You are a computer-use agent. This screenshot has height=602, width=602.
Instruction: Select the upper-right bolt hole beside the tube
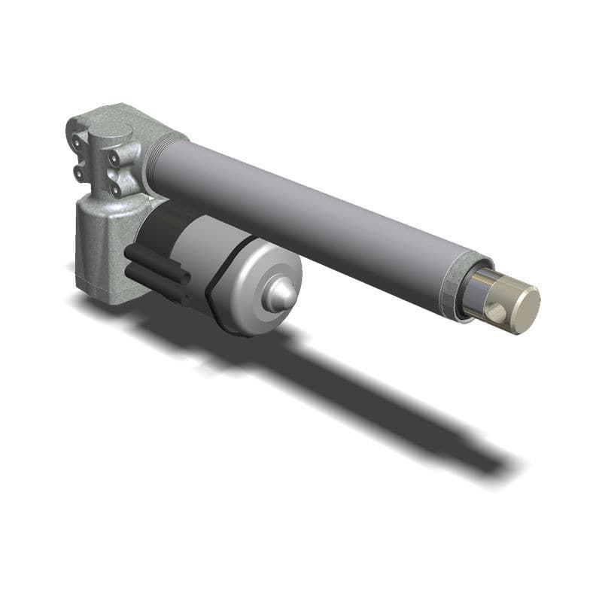pos(115,159)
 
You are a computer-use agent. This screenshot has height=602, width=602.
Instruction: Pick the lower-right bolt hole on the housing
pos(115,190)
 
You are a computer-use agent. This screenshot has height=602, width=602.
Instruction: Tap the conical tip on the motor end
pos(278,295)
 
